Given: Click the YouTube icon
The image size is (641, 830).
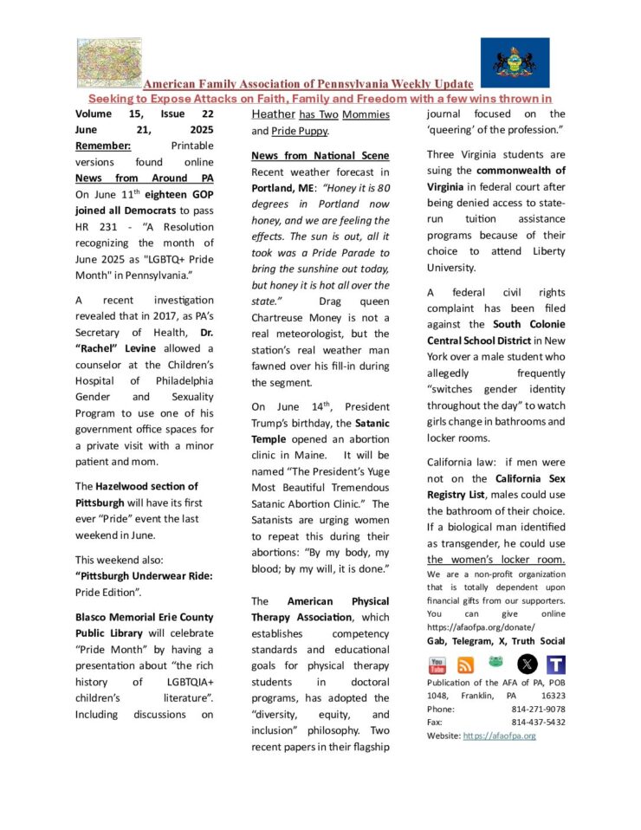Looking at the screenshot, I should (x=438, y=665).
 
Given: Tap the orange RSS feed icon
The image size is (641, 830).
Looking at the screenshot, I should (x=465, y=665).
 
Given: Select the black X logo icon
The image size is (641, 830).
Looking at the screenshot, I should (x=527, y=665).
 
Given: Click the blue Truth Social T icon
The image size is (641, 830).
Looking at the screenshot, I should (x=556, y=665).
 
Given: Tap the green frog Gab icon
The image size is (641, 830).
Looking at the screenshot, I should (x=495, y=662).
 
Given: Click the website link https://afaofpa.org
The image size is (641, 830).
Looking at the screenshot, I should (x=499, y=736).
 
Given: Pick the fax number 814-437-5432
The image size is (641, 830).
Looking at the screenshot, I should (x=538, y=722).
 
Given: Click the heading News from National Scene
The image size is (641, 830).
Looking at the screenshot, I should (x=320, y=155).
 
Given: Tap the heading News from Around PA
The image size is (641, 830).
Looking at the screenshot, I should (x=144, y=178).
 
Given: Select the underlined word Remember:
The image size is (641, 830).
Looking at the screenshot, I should (x=103, y=146).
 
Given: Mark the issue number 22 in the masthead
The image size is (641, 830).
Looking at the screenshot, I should (x=206, y=113).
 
